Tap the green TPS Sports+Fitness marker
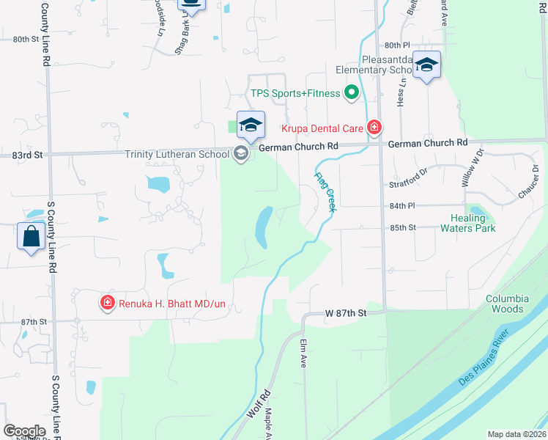(351, 93)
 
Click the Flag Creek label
(325, 192)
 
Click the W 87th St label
(344, 313)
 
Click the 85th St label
(402, 227)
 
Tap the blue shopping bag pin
(31, 238)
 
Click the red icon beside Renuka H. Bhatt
(107, 302)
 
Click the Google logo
(24, 430)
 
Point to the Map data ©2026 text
(516, 434)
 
